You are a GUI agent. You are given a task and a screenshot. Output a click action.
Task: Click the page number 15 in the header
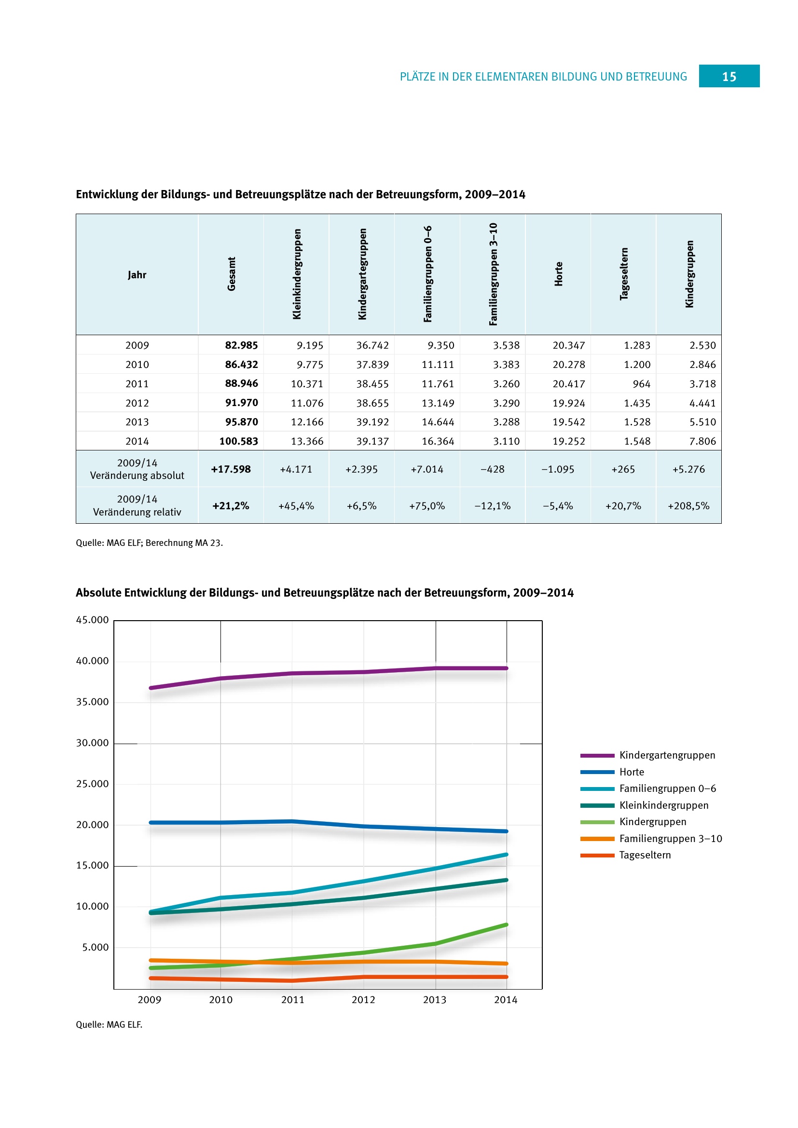pos(729,77)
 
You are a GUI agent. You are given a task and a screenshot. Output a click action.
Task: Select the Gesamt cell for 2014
pos(238,441)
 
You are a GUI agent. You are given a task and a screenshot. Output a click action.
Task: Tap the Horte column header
pos(558,274)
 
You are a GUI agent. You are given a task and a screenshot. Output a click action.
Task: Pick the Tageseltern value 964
pos(641,384)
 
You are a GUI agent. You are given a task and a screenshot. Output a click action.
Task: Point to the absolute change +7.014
pos(427,469)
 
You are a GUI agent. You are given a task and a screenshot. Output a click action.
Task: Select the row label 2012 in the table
pos(137,403)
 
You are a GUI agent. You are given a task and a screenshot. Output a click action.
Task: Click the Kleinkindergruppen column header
pos(296,274)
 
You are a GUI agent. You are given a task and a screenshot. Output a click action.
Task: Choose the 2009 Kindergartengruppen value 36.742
pos(372,345)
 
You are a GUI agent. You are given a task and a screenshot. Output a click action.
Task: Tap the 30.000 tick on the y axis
pos(92,743)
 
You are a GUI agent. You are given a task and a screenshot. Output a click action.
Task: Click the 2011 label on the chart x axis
pos(292,1000)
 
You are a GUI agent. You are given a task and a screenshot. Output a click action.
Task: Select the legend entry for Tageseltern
pos(645,855)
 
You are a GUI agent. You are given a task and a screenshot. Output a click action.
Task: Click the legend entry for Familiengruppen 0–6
pos(667,788)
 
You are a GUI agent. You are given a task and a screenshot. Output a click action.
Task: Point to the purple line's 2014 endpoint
pos(507,668)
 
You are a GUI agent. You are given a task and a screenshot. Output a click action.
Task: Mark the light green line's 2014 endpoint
pos(507,924)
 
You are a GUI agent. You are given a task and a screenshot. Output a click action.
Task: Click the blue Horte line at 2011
pos(292,821)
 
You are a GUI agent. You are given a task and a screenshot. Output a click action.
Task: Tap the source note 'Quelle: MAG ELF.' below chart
pos(109,1024)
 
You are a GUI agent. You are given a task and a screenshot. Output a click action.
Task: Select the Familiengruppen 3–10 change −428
pos(493,469)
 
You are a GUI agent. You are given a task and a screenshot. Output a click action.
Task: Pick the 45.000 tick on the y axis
pos(92,620)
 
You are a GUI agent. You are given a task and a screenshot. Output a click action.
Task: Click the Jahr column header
pos(137,274)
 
